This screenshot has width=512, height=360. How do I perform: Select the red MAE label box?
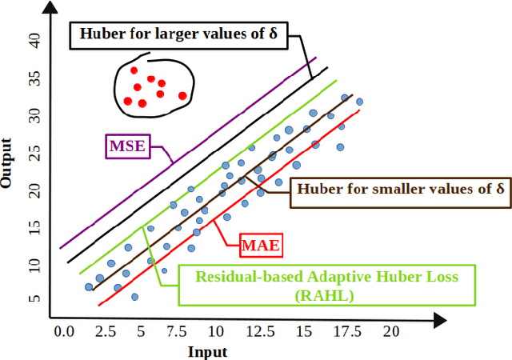coord(262,246)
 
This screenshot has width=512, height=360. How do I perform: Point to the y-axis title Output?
coord(8,163)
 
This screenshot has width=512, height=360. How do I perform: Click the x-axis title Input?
coord(208,352)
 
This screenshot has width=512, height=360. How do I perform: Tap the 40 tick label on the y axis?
coord(34,40)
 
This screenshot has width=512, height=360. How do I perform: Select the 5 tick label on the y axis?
coord(34,299)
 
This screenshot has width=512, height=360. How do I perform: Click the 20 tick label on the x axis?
coord(390,331)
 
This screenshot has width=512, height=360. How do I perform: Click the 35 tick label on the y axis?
coord(34,78)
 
